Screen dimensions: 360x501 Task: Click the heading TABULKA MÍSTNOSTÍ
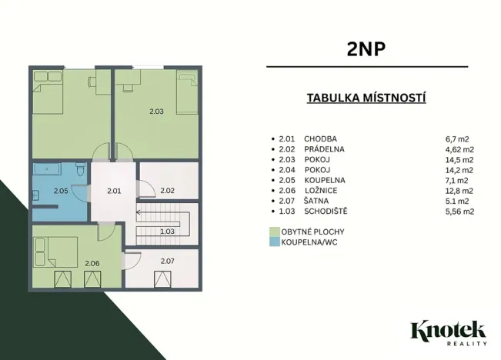366,98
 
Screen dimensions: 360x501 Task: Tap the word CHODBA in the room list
321,138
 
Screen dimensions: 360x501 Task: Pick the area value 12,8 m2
459,190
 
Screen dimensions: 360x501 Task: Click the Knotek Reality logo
448,332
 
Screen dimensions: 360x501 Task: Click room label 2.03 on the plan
156,112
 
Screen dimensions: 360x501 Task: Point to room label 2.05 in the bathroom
61,190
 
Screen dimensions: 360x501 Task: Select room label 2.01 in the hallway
114,190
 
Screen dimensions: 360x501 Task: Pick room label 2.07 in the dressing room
167,262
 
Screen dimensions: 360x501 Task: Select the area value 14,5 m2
459,159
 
